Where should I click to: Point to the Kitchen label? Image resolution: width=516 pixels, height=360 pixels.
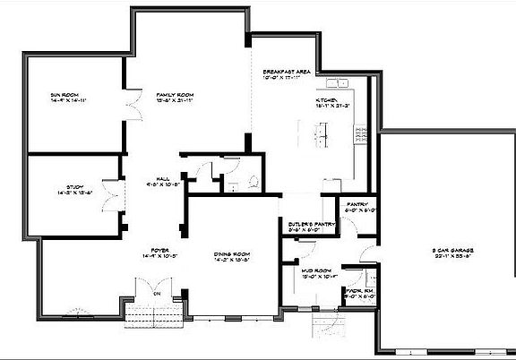pyautogui.click(x=326, y=101)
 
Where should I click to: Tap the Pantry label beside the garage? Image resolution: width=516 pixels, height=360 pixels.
pyautogui.click(x=352, y=208)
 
